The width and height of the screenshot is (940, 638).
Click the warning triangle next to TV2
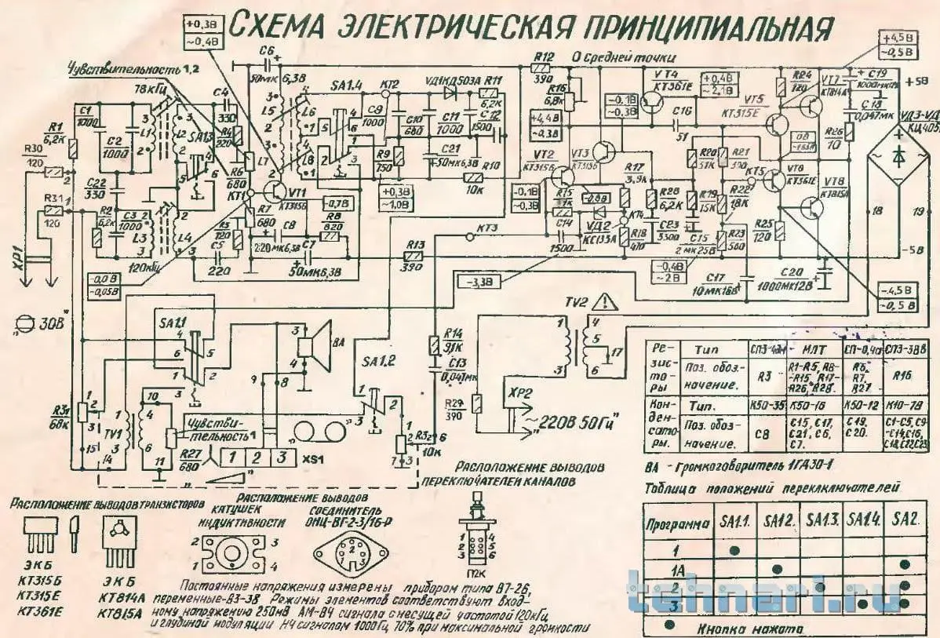605,301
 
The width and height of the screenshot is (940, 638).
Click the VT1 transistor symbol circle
274,191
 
